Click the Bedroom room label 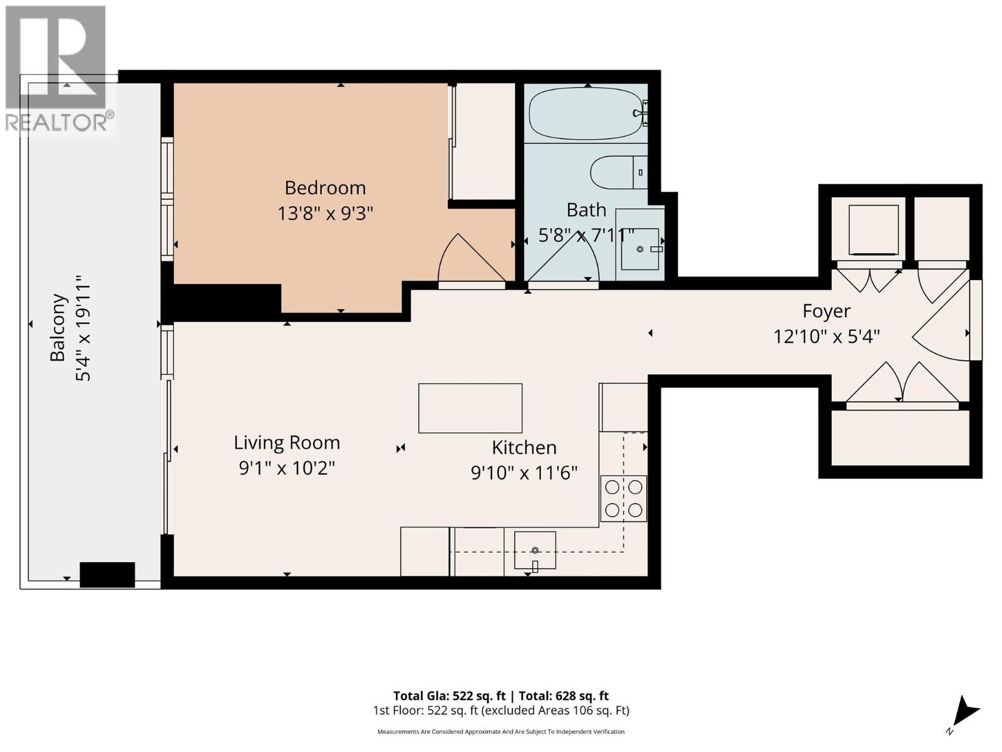click(325, 187)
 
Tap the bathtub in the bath click(586, 113)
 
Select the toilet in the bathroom click(617, 172)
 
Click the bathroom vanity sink click(640, 249)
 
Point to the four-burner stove click(623, 499)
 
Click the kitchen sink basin click(535, 550)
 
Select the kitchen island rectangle click(470, 408)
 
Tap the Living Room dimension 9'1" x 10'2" click(287, 468)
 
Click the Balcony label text click(58, 327)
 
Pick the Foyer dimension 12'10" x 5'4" click(827, 337)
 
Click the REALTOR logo click(56, 69)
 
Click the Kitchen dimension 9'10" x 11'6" click(524, 473)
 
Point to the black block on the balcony click(107, 575)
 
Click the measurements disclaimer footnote click(500, 731)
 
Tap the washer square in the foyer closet click(873, 230)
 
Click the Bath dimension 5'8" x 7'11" click(586, 236)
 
